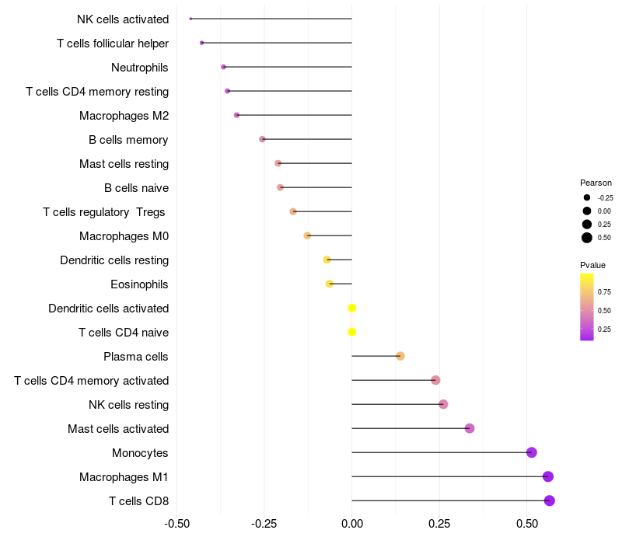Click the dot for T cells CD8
pos(550,500)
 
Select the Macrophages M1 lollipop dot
pos(548,476)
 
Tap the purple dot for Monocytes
pos(532,452)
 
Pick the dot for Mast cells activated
pos(470,428)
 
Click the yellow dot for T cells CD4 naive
pos(352,332)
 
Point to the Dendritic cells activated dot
pos(352,308)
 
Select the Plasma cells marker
pos(400,356)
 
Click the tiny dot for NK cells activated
pos(190,19)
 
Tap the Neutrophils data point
pos(223,67)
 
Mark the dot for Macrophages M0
pos(307,235)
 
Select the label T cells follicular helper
pos(113,44)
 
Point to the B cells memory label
pos(128,140)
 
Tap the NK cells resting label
pos(129,405)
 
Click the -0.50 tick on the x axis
pos(177,523)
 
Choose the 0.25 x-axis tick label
pos(439,523)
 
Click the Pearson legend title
pos(596,183)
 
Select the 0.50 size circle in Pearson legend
pos(587,238)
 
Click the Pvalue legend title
pos(592,265)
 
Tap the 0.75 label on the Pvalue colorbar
pos(604,292)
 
